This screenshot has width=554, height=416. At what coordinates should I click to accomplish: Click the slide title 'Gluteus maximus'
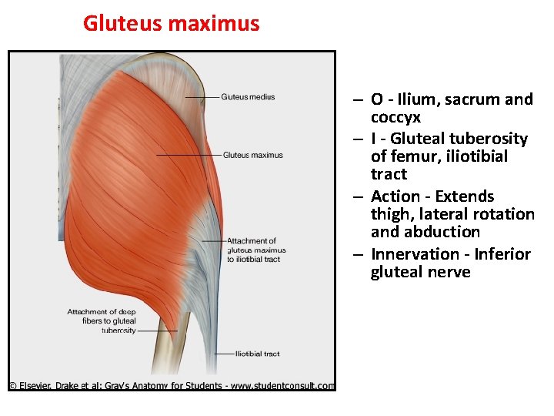[x=171, y=23]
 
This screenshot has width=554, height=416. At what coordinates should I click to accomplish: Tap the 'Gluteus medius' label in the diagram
[x=248, y=97]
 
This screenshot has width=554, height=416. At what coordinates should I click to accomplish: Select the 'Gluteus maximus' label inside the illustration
[x=252, y=155]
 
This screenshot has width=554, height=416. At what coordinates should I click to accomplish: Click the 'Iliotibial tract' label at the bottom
[x=258, y=354]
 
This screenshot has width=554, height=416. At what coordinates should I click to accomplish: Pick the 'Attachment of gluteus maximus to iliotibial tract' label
[x=256, y=250]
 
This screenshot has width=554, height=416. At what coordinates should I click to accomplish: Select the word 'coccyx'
[x=395, y=117]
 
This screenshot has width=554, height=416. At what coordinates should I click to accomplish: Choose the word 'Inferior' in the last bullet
[x=502, y=254]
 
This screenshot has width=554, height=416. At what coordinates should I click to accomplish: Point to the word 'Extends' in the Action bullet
[x=465, y=196]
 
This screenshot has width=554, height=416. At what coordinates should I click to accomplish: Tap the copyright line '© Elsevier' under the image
[x=172, y=386]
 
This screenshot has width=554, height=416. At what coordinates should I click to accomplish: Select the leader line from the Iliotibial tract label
[x=223, y=354]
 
